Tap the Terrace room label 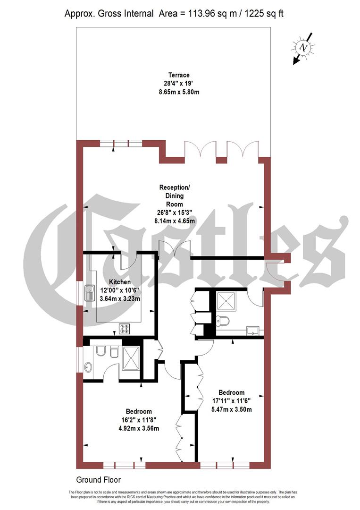coord(179,75)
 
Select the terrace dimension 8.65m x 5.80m coord(179,92)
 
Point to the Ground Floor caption coord(98,480)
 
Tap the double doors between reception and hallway coord(175,249)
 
